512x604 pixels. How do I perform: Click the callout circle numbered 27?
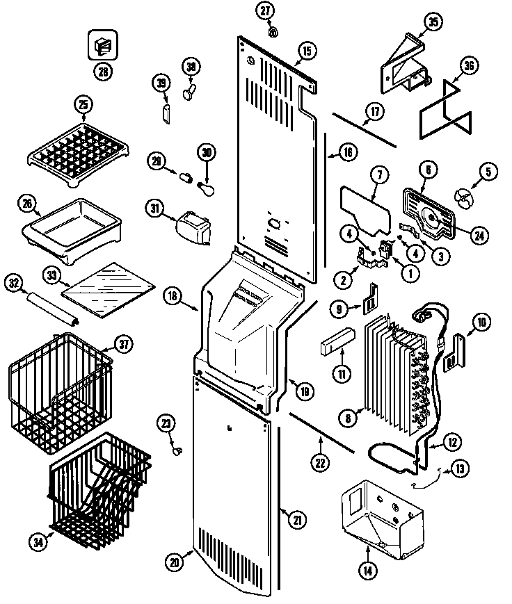[x=266, y=10]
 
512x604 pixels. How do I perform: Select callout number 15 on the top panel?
[x=307, y=50]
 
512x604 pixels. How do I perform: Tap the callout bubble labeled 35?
[x=433, y=23]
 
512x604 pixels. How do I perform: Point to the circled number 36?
[x=470, y=67]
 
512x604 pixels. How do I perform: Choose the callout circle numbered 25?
[x=83, y=105]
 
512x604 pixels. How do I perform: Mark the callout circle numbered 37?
[x=123, y=343]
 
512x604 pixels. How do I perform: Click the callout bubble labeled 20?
[x=175, y=562]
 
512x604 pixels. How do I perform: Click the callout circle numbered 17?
[x=374, y=111]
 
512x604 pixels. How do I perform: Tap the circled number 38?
[x=191, y=67]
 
